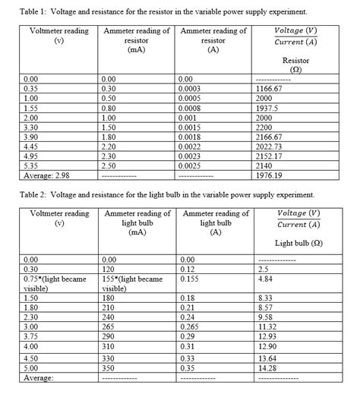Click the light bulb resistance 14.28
coord(267,367)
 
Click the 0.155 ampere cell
coord(188,279)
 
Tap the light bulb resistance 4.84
coord(264,279)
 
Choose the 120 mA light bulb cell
coord(112,269)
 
